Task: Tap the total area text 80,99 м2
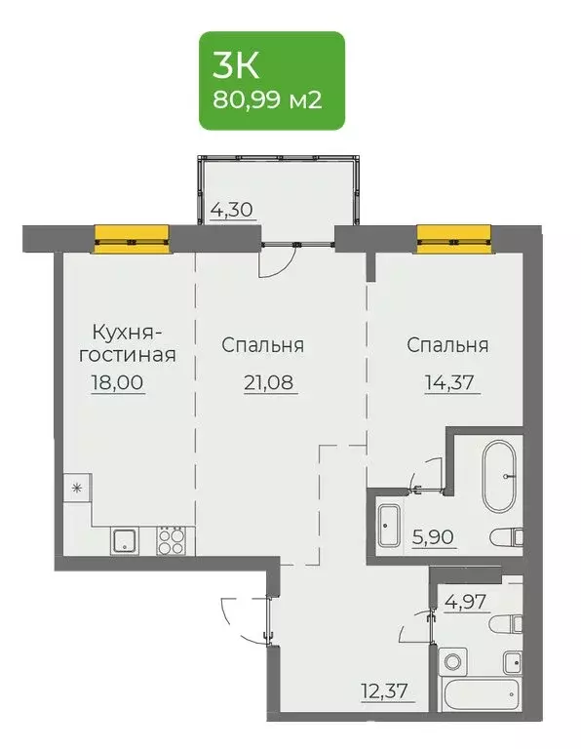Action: tap(272, 99)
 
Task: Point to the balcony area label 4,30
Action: tap(234, 209)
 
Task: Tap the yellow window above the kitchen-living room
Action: tap(132, 234)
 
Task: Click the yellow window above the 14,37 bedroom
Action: tap(452, 234)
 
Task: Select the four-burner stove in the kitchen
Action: tap(171, 539)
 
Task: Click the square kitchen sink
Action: tap(125, 539)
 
